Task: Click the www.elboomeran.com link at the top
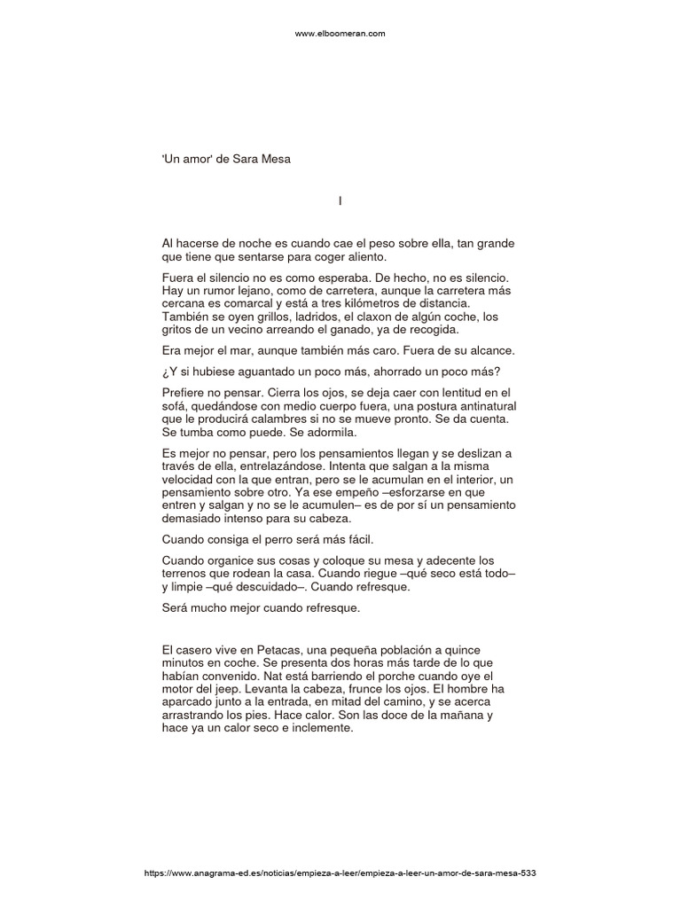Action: tap(340, 34)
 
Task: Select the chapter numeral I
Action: tap(340, 201)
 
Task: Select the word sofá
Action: tap(176, 405)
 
